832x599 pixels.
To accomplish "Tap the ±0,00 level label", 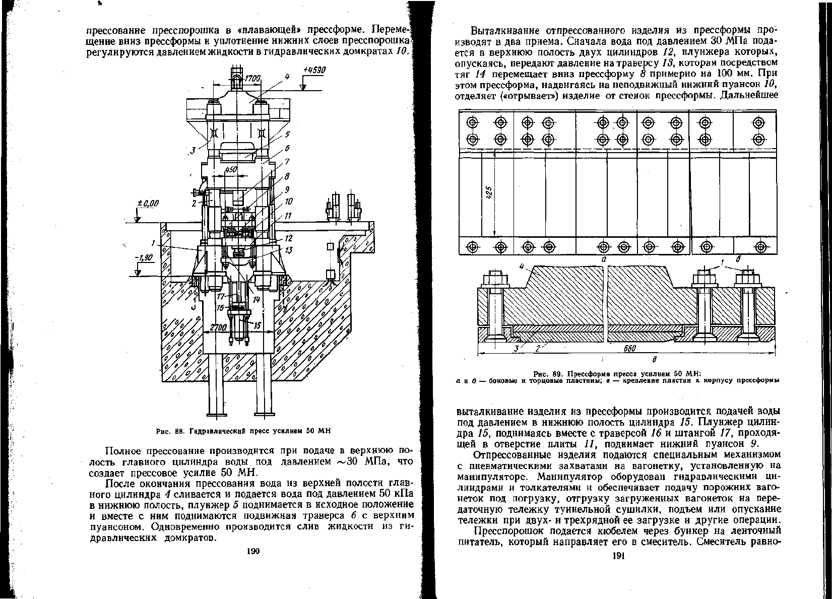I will [x=148, y=203].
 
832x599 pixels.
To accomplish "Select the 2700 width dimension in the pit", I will [x=219, y=327].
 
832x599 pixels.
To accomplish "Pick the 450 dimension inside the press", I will [x=231, y=170].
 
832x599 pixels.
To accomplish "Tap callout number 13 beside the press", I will [x=289, y=250].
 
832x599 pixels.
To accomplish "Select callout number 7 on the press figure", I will [x=288, y=162].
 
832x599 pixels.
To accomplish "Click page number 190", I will [x=252, y=552].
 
